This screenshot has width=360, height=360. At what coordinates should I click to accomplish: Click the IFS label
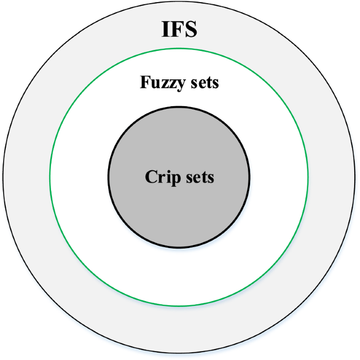tap(179, 29)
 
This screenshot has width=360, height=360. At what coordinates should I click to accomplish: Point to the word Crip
tap(160, 178)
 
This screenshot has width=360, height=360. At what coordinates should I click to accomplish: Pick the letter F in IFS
tap(177, 29)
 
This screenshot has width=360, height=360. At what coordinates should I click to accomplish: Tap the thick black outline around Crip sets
tap(109, 178)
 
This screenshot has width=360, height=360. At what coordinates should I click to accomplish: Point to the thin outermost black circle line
tap(4, 180)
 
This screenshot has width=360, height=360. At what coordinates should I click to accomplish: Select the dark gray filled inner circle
tap(179, 215)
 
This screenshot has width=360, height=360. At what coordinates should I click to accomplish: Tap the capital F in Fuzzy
tap(144, 83)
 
